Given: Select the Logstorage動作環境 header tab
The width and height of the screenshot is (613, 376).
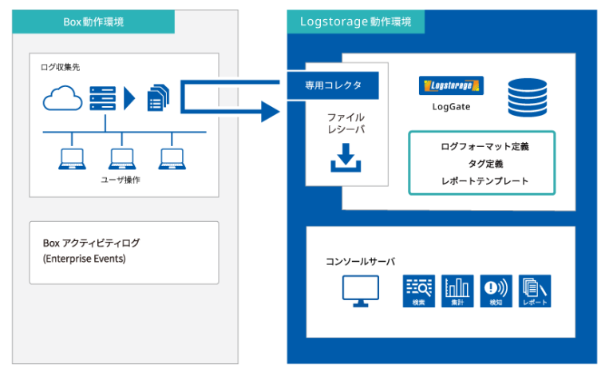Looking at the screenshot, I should pyautogui.click(x=355, y=22).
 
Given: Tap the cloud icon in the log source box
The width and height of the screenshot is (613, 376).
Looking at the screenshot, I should pyautogui.click(x=63, y=98).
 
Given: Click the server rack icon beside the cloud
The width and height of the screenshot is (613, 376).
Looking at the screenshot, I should pyautogui.click(x=102, y=98).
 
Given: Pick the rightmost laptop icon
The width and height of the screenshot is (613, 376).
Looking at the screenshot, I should pyautogui.click(x=171, y=159).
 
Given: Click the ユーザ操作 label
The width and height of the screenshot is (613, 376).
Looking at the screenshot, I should pyautogui.click(x=121, y=180).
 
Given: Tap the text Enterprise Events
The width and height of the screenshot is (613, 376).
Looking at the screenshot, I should pyautogui.click(x=84, y=259).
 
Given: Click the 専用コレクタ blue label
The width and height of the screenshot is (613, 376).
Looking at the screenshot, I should pyautogui.click(x=333, y=85).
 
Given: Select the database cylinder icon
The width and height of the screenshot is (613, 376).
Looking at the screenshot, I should pyautogui.click(x=525, y=97).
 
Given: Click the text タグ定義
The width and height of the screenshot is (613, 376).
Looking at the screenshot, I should pyautogui.click(x=484, y=164).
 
